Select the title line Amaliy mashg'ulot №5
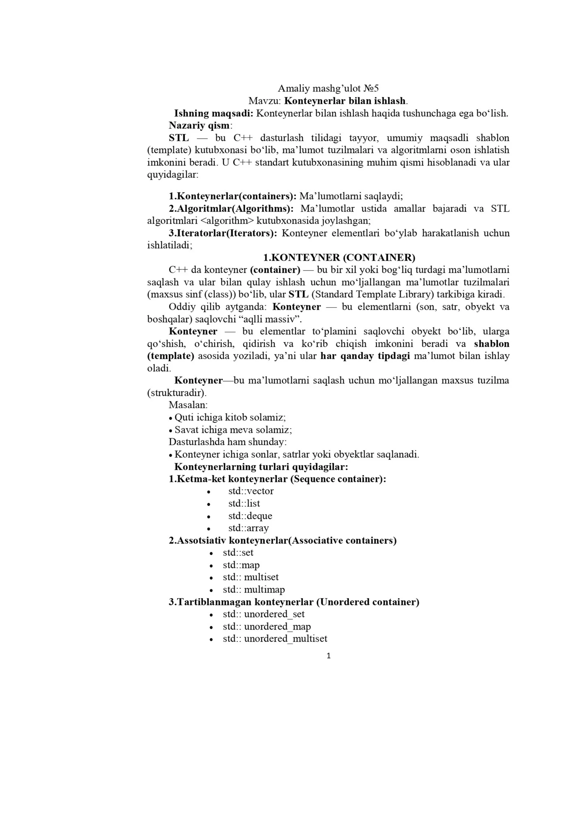click(328, 88)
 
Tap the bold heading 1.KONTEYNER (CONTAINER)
click(339, 257)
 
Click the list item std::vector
click(251, 491)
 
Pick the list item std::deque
click(250, 516)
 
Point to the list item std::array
click(248, 528)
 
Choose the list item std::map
click(241, 565)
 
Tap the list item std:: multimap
click(254, 589)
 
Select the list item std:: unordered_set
click(263, 614)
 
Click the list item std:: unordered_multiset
click(275, 639)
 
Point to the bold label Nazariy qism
click(199, 125)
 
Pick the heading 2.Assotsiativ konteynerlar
click(282, 540)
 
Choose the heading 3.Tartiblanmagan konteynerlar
click(294, 602)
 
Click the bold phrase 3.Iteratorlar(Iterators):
click(223, 233)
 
